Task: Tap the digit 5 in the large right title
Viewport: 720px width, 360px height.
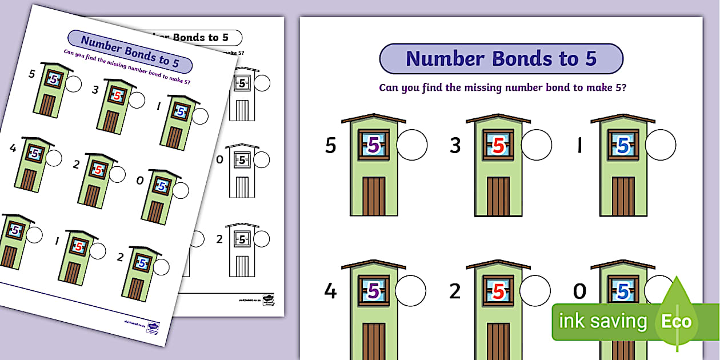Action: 590,59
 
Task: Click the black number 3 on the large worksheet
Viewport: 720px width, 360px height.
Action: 455,146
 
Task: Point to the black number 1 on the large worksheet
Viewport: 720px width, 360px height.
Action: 579,146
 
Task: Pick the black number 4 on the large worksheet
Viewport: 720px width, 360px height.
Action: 330,291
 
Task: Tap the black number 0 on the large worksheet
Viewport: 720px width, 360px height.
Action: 579,291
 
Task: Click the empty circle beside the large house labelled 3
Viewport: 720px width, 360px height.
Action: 536,145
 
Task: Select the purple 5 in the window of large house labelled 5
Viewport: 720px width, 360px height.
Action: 373,146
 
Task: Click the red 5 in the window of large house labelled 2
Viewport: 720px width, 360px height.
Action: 498,291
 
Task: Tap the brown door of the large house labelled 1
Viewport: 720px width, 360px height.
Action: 623,196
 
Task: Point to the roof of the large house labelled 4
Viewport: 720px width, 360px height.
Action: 374,265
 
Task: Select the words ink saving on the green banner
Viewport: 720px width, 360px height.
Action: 602,322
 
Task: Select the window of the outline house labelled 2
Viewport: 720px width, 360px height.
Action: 243,239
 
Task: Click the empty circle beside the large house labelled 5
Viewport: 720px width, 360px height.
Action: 411,145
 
